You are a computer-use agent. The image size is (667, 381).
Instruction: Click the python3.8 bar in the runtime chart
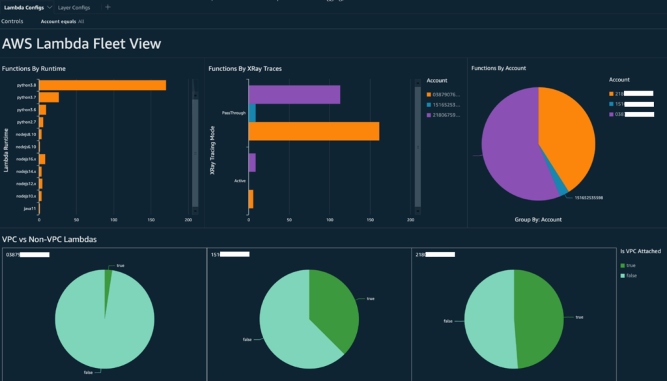click(x=102, y=85)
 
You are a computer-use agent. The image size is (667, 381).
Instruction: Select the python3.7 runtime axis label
click(x=26, y=97)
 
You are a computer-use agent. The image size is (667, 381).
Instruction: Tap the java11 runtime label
click(x=29, y=208)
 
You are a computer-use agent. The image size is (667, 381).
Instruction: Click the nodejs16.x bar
click(x=42, y=159)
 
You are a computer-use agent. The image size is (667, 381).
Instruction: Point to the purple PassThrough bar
click(x=294, y=94)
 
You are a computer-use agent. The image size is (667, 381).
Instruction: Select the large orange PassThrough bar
click(x=313, y=131)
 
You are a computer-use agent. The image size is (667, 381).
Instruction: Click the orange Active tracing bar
click(x=251, y=199)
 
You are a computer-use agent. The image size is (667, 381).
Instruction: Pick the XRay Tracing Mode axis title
click(x=213, y=150)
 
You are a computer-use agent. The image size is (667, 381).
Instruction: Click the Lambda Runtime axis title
click(x=6, y=150)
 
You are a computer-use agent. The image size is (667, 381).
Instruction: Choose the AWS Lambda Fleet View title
click(x=81, y=44)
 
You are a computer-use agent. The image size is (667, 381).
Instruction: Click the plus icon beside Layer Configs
click(x=107, y=8)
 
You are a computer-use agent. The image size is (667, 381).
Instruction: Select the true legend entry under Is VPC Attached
click(x=630, y=265)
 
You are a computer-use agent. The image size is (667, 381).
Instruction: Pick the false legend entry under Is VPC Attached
click(x=630, y=276)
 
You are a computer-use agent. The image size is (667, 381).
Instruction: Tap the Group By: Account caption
click(x=538, y=219)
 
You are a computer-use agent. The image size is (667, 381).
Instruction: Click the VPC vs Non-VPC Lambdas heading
click(x=50, y=240)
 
